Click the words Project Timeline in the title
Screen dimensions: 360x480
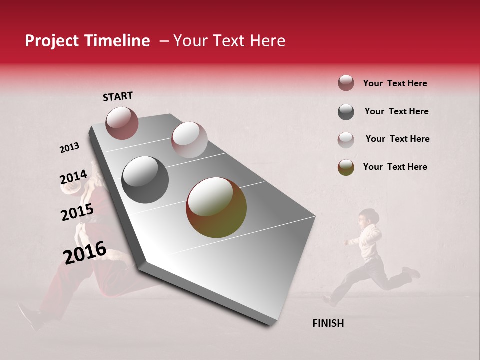pos(87,41)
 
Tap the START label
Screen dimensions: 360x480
pos(118,96)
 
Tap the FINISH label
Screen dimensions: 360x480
pos(328,323)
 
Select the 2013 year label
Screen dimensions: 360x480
pos(69,148)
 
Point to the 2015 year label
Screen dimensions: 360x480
pos(77,212)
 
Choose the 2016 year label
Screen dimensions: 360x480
pos(85,252)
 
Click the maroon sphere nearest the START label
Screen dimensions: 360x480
pos(122,123)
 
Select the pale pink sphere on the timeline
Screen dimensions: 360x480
pos(189,140)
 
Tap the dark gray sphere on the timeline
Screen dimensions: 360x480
pos(145,180)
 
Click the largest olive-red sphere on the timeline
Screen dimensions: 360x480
pos(216,207)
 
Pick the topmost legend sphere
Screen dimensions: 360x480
pos(346,83)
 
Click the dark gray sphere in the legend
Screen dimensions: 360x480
pos(346,112)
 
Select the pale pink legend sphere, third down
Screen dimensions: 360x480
pos(346,139)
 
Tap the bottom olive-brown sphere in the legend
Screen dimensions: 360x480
pos(346,167)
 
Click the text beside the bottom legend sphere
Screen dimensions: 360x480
pos(395,167)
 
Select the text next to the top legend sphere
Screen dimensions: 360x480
pos(395,83)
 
